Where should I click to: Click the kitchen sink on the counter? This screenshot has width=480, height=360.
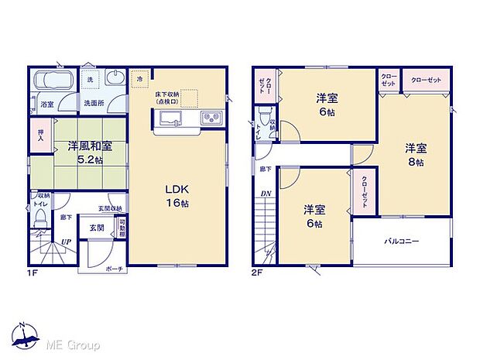(170, 118)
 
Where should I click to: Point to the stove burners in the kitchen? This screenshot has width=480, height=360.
(211, 118)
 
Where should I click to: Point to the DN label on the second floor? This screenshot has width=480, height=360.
(265, 194)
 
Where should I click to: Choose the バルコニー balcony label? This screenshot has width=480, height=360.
(403, 242)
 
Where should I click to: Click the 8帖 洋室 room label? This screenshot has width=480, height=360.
(414, 154)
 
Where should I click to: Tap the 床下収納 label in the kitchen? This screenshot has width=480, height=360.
(166, 94)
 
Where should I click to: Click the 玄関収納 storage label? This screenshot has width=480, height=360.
(108, 208)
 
